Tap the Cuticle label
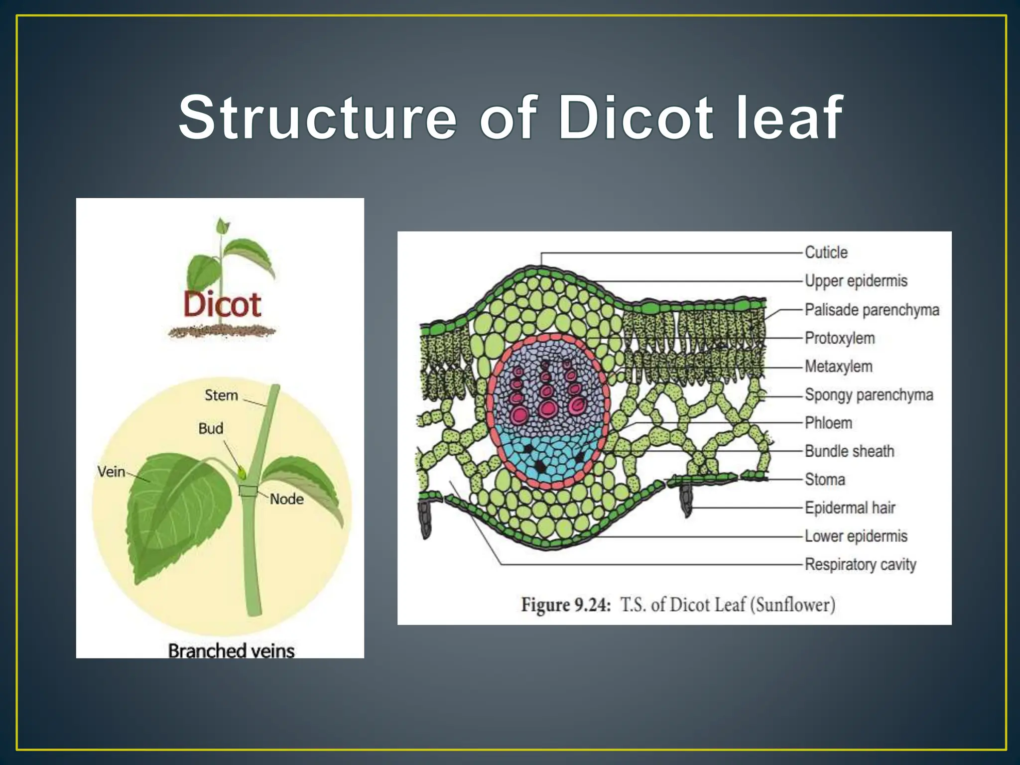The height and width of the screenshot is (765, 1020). pyautogui.click(x=826, y=253)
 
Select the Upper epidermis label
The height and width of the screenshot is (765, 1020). pyautogui.click(x=856, y=281)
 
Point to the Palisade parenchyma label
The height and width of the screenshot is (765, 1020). pyautogui.click(x=872, y=310)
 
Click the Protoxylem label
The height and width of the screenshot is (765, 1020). pyautogui.click(x=840, y=338)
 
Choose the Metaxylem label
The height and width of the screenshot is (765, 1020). pyautogui.click(x=838, y=367)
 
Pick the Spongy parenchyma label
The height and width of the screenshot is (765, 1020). pyautogui.click(x=869, y=395)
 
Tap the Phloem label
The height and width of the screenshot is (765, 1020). pyautogui.click(x=828, y=423)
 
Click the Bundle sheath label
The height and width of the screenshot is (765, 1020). pyautogui.click(x=849, y=451)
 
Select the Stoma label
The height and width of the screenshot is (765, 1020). pyautogui.click(x=825, y=480)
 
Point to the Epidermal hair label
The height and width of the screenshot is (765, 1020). pyautogui.click(x=850, y=508)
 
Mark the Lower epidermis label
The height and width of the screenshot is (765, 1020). pyautogui.click(x=856, y=536)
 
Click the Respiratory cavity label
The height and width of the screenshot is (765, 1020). pyautogui.click(x=860, y=565)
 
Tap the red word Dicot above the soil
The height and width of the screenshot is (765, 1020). pyautogui.click(x=222, y=304)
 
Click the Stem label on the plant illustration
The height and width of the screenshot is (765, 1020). pyautogui.click(x=221, y=395)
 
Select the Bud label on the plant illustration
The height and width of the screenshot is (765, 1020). pyautogui.click(x=211, y=428)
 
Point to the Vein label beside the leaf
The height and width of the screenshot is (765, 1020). pyautogui.click(x=111, y=471)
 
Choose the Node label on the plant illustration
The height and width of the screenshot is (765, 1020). pyautogui.click(x=286, y=499)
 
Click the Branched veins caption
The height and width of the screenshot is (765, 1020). pyautogui.click(x=231, y=650)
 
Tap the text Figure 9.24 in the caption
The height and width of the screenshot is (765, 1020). pyautogui.click(x=565, y=605)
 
